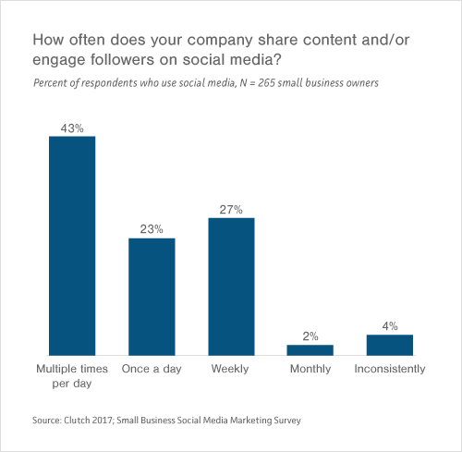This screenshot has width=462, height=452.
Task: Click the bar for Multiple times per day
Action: point(72,245)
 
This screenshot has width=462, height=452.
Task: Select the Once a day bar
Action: point(152,296)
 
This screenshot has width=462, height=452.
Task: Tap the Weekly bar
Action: point(231,286)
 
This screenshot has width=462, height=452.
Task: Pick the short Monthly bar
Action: point(310,349)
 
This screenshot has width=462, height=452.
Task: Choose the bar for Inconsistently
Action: point(389,345)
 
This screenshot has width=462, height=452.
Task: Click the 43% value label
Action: point(72,128)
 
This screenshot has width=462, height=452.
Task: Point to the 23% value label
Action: point(152,229)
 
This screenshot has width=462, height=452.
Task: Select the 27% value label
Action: point(231,209)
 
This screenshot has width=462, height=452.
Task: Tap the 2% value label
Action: point(310,336)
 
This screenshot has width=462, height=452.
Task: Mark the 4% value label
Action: point(389,325)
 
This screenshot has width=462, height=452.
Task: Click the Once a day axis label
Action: point(152,369)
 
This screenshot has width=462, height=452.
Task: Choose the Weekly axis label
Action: point(231,369)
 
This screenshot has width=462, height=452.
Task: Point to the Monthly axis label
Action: point(310,369)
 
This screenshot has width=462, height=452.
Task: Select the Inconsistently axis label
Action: point(389,369)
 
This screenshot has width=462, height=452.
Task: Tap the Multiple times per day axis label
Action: point(72,375)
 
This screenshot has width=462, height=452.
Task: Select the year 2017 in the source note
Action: point(111,421)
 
